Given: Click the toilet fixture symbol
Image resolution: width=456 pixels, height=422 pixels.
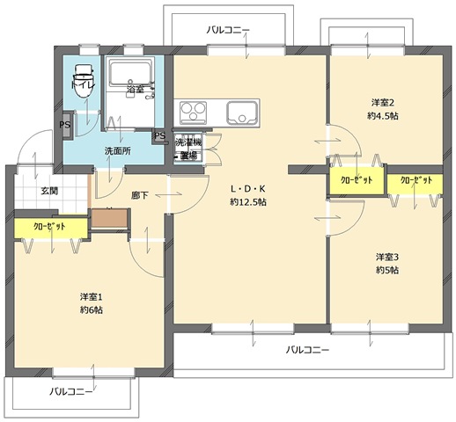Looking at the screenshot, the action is click(85, 81).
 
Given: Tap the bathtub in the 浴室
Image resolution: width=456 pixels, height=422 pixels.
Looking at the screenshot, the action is click(131, 73).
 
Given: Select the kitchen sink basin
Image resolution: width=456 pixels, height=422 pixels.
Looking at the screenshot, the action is click(241, 113).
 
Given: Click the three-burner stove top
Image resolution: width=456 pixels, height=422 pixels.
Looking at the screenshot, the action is click(193, 113).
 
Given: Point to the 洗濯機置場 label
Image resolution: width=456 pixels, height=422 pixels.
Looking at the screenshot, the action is click(188, 149).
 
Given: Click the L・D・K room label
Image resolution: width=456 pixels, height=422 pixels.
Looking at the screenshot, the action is click(248, 189).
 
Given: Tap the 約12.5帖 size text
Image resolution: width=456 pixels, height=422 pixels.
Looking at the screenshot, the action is click(248, 202).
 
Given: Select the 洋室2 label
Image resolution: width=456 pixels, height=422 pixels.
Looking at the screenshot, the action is click(383, 103).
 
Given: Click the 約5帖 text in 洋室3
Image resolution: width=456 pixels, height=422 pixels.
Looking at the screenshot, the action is click(387, 270).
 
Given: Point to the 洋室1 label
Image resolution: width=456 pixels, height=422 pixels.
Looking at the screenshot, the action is click(92, 297).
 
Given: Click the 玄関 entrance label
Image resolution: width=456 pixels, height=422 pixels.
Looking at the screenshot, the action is click(49, 191).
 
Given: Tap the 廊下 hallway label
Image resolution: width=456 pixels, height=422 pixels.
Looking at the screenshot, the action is click(139, 195).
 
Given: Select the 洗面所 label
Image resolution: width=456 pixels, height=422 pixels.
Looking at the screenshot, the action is click(118, 151).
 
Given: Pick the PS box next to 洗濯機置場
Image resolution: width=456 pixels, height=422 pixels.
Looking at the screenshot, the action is click(160, 136).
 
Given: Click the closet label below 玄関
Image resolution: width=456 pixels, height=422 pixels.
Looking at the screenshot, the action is click(49, 226).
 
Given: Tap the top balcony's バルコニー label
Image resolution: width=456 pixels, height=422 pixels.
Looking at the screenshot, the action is click(228, 30).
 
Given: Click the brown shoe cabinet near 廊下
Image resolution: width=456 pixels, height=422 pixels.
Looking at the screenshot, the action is click(109, 218).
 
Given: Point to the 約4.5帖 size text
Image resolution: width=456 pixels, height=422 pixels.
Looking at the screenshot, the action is click(383, 116).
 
